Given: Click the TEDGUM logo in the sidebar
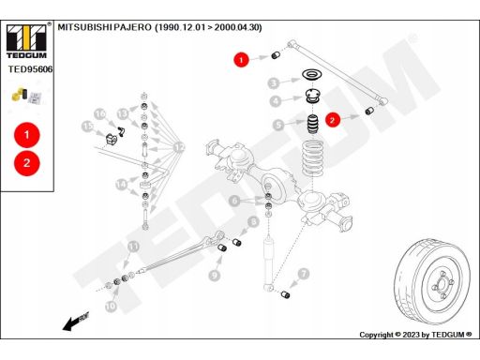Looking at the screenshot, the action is coord(26,40).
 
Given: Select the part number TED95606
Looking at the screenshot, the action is coord(30,69).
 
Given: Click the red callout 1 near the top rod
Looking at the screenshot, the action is coord(241,59).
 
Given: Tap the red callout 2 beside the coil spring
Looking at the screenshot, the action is coord(332,120).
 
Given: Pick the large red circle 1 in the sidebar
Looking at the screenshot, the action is coord(27,135).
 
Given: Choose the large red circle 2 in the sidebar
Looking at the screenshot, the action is coord(27,163).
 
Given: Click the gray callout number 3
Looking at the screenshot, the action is coord(274,83).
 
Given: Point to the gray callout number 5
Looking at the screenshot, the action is coord(278,125).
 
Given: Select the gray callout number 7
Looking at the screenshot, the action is coord(303,274).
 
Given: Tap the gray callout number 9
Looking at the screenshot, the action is coord(215,276).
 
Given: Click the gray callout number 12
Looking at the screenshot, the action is coord(179,147).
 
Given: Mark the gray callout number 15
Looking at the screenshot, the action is coord(87,127).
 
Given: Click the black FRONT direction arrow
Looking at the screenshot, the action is coord(76,322).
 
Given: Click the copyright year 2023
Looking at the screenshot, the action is coord(411,335).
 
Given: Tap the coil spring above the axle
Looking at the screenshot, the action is coord(312,158).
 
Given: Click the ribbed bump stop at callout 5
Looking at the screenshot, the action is coord(311,124).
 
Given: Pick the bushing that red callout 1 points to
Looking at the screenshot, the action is coord(275,55).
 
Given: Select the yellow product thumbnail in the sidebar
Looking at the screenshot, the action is coord(20,94).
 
